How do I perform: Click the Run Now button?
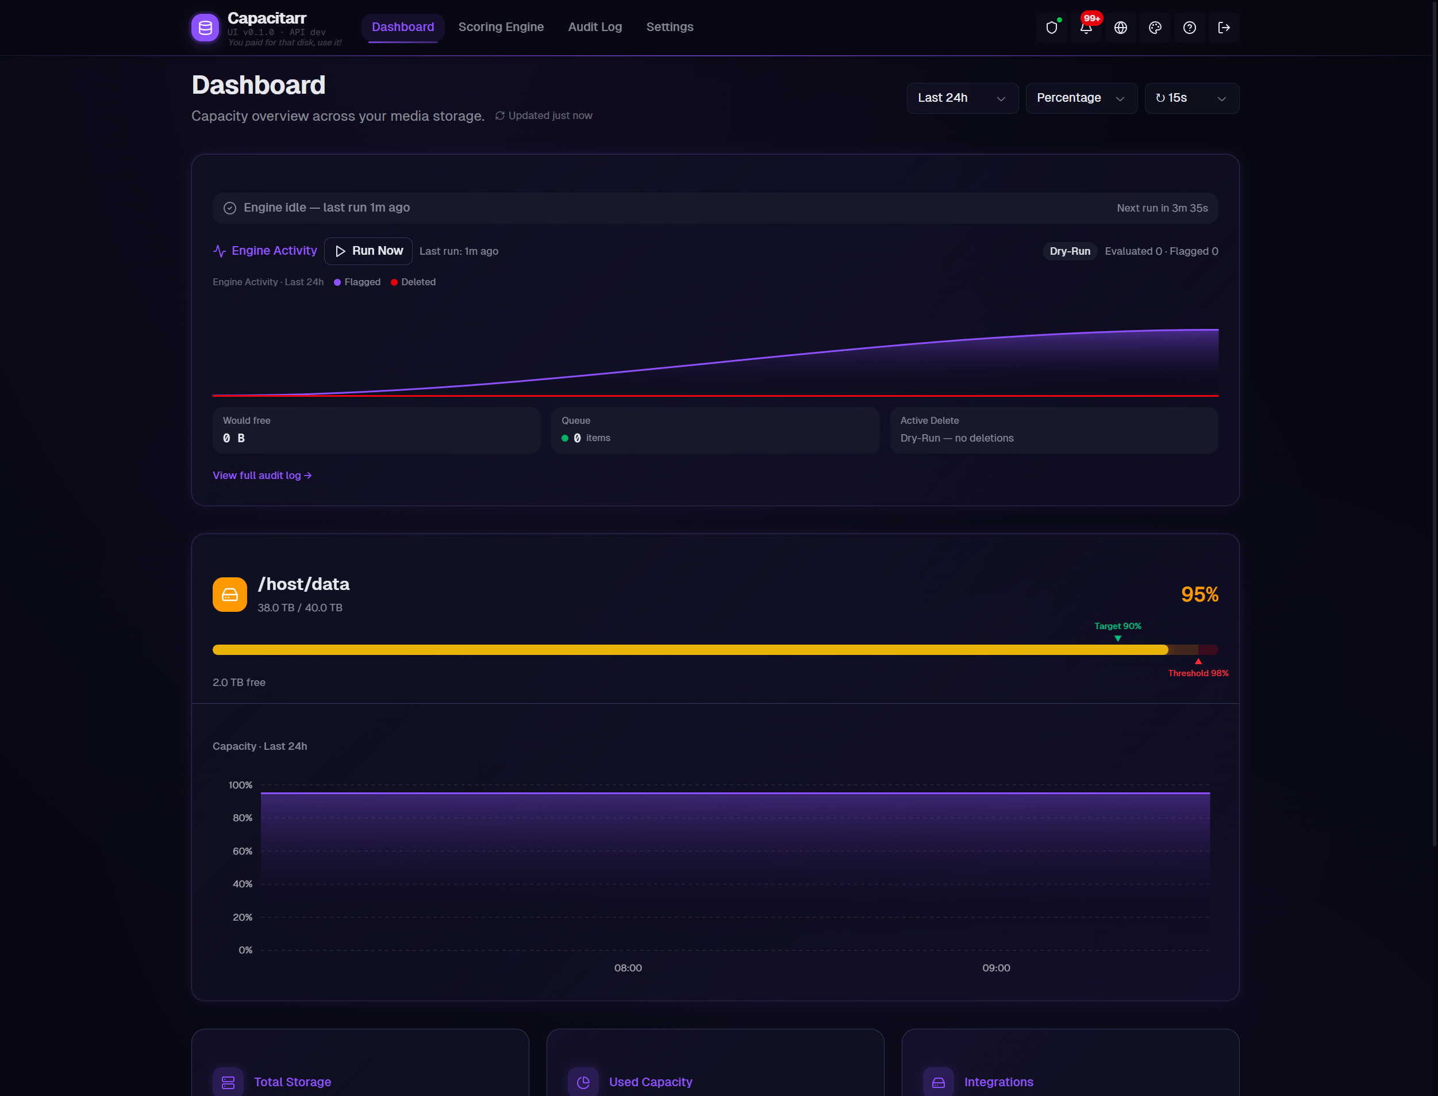(x=368, y=251)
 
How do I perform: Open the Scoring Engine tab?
(x=500, y=27)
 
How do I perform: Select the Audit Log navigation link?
(x=594, y=27)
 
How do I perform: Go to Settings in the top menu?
(x=669, y=27)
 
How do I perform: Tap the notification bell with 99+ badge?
(x=1086, y=28)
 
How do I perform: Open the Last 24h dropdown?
(x=962, y=98)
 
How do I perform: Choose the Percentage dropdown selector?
(x=1081, y=98)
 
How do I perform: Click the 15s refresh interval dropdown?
(x=1191, y=98)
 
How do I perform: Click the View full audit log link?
(x=262, y=475)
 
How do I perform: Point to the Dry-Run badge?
(x=1070, y=251)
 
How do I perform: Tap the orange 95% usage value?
(x=1199, y=595)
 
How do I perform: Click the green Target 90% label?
(x=1117, y=626)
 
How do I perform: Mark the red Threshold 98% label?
(x=1197, y=673)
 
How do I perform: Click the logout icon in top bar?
(x=1224, y=28)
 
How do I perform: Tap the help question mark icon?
(x=1189, y=28)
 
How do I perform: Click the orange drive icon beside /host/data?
(x=229, y=595)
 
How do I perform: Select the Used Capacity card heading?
(x=650, y=1082)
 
